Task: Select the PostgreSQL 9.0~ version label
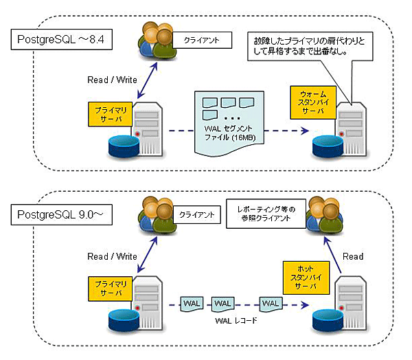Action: coord(60,214)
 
